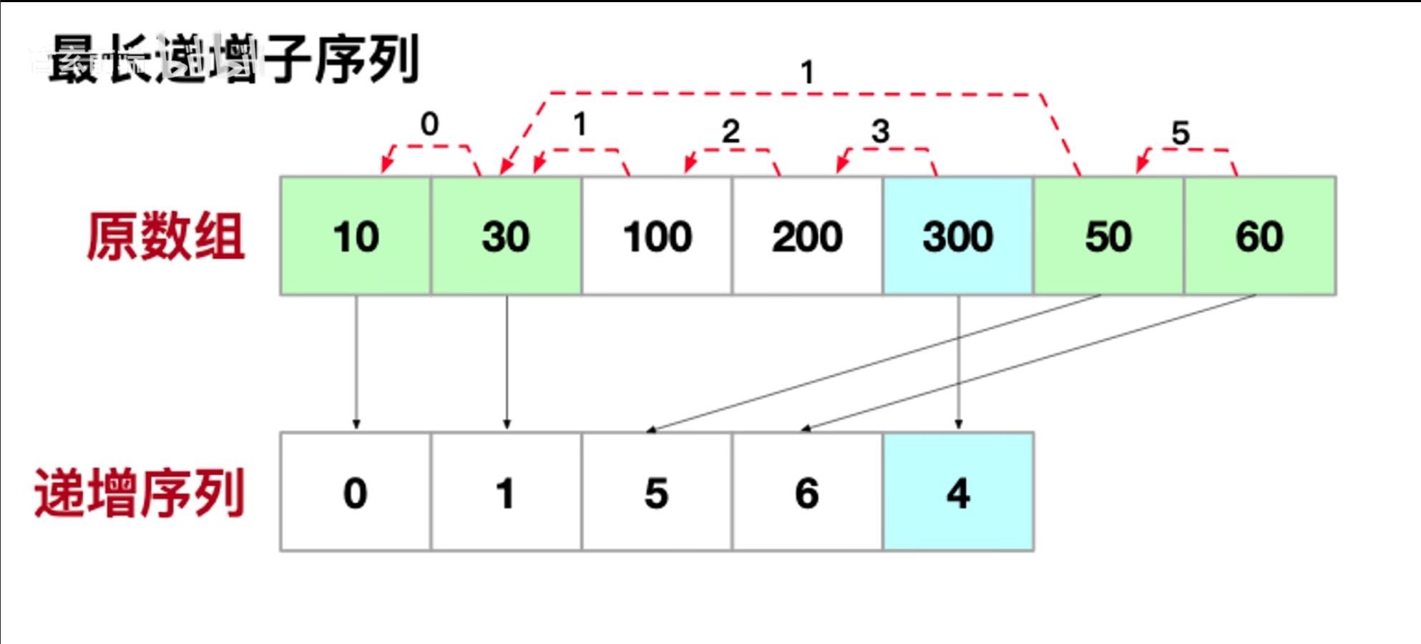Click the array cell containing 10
[356, 236]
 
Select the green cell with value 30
[506, 236]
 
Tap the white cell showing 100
[657, 236]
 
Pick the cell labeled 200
[807, 236]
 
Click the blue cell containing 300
[958, 236]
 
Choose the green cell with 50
[1108, 236]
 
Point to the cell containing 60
[1259, 236]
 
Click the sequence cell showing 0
[356, 492]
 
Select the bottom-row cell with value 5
[657, 492]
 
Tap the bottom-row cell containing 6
[807, 492]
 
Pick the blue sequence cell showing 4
[958, 492]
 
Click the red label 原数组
[166, 236]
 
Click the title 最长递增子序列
[233, 59]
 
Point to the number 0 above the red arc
[429, 125]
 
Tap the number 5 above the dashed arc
[1181, 133]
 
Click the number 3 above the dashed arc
[880, 132]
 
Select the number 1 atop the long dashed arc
[807, 72]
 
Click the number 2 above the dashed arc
[730, 132]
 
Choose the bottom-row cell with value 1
[506, 492]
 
